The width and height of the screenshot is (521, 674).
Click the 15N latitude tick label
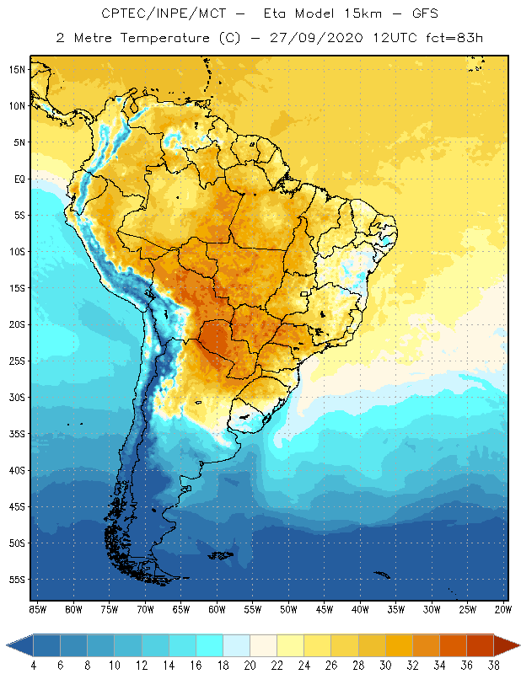16,69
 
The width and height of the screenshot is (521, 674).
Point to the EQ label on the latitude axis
18,179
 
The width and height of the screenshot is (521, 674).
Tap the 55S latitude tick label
16,580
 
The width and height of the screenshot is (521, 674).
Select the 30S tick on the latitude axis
16,397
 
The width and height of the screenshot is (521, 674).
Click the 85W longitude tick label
37,608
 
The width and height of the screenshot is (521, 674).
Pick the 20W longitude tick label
502,608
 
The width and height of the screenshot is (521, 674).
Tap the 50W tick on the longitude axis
288,608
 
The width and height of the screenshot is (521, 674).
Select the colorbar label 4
33,665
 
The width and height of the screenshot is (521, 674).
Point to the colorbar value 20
250,665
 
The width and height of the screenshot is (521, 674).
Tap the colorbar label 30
385,665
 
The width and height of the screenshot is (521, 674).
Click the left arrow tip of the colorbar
8,645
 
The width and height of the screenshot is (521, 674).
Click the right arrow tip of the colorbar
518,645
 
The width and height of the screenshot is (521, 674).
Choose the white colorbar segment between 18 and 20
236,645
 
